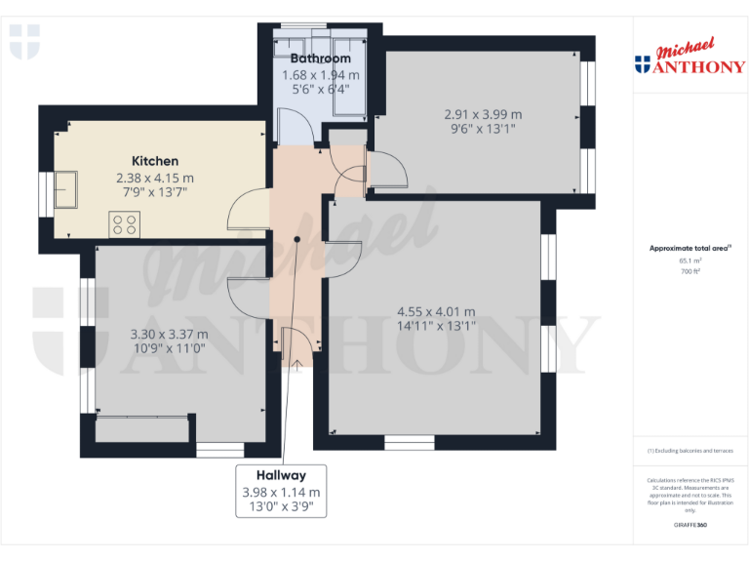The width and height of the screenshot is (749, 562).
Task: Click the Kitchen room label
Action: (x=155, y=161)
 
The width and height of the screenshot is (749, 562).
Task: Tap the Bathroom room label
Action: (x=320, y=59)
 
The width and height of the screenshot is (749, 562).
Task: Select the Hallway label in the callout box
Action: (x=281, y=475)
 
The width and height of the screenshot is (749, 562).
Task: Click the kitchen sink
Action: (x=67, y=187)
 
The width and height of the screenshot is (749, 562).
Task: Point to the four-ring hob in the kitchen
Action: (x=125, y=225)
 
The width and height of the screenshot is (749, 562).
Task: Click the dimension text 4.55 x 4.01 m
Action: (x=436, y=312)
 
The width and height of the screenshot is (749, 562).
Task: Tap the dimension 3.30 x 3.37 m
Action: (x=170, y=334)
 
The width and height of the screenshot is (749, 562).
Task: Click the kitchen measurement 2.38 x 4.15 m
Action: (x=155, y=178)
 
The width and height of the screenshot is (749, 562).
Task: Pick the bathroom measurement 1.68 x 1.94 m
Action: (x=320, y=75)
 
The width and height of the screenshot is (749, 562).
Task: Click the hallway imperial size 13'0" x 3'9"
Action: (x=281, y=507)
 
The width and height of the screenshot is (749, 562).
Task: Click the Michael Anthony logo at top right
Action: (x=690, y=58)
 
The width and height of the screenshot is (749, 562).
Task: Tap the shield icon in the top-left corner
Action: (x=24, y=43)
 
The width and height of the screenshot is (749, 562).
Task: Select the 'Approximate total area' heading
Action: (x=689, y=249)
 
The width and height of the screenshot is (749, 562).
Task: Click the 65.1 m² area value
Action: (x=690, y=261)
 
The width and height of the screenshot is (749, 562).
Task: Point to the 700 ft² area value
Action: (x=690, y=271)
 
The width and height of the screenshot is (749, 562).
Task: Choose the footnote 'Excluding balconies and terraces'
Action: (x=690, y=451)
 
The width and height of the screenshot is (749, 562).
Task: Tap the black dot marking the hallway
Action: (x=296, y=238)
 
